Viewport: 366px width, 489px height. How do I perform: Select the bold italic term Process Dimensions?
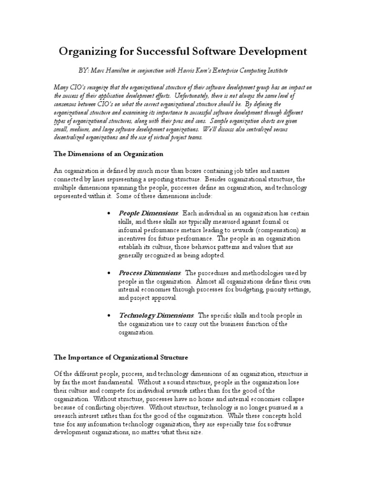pyautogui.click(x=149, y=273)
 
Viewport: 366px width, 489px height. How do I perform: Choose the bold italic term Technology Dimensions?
pyautogui.click(x=156, y=315)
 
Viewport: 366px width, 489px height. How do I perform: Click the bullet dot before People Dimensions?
pyautogui.click(x=110, y=213)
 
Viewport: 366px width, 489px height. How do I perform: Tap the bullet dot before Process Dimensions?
pyautogui.click(x=110, y=273)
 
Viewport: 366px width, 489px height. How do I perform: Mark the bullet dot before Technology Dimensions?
pyautogui.click(x=110, y=316)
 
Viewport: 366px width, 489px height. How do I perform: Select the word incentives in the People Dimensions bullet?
pyautogui.click(x=136, y=238)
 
